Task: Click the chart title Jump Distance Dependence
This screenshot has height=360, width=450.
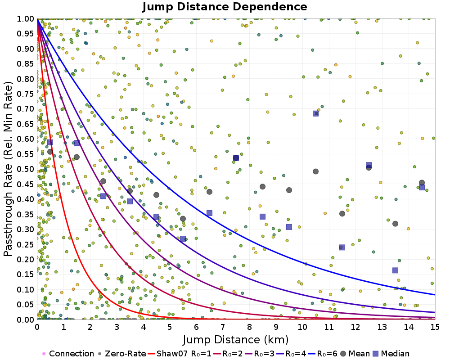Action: (225, 7)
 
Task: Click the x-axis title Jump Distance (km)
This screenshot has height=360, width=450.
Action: (235, 339)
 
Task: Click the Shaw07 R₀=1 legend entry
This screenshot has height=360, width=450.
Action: (180, 354)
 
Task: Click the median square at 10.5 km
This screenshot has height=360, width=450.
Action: (316, 113)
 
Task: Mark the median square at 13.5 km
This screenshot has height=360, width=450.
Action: (395, 270)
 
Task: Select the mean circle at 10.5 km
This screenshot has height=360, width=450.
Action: (316, 171)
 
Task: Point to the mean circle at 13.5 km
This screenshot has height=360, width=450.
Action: (395, 224)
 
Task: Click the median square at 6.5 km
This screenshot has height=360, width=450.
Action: (209, 213)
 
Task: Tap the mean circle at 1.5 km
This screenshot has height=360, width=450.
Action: (76, 157)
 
